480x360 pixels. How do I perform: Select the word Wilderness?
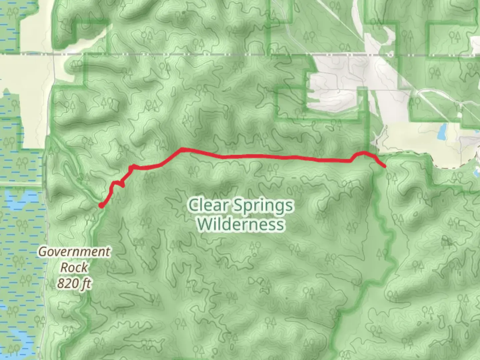[x=240, y=224]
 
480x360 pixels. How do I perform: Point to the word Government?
[x=74, y=252]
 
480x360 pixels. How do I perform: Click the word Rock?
[x=74, y=267]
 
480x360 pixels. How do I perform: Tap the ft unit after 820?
[x=86, y=284]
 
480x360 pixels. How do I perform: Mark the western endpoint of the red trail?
[x=101, y=206]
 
